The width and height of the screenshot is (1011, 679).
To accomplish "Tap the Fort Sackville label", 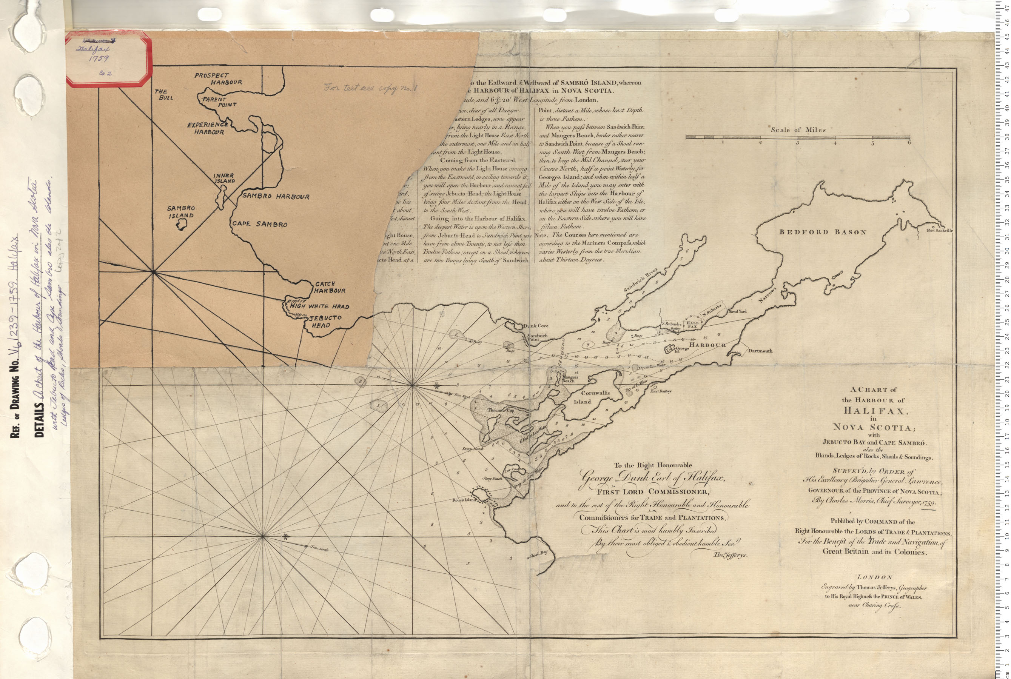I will point(940,230).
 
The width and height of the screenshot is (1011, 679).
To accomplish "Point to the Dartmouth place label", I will point(760,351).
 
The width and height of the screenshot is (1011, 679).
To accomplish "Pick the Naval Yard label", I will point(737,311).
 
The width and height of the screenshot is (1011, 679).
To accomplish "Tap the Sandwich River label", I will point(641,279).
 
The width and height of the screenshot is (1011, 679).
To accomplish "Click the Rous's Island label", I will point(464,500).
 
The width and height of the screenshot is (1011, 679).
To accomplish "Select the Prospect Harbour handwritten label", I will point(218,79).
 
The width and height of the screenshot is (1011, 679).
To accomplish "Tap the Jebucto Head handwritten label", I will point(325,321).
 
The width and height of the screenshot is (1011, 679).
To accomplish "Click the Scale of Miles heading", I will point(798,129).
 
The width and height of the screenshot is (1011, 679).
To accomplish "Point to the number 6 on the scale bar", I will point(909,142).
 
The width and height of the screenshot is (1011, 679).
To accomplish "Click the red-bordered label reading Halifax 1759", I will point(109,59).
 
